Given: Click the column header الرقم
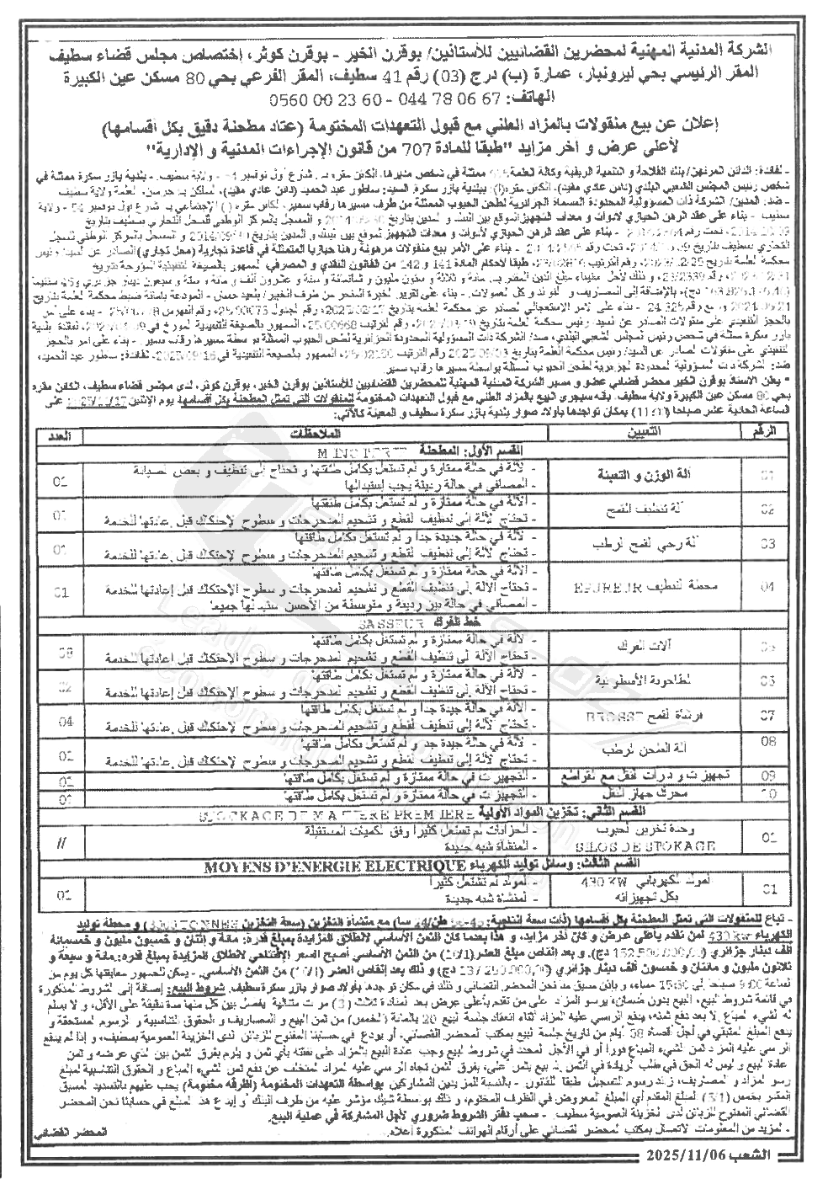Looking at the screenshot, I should (754, 429).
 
